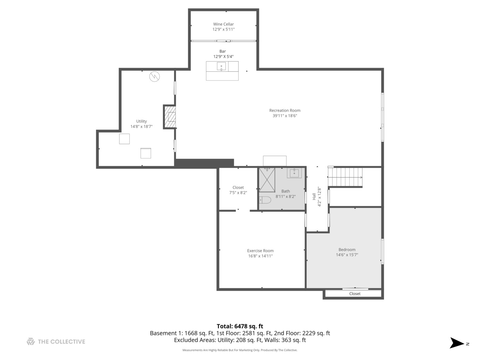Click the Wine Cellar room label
click(x=223, y=24)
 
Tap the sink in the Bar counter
click(x=221, y=66)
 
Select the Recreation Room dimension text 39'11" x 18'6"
click(x=285, y=116)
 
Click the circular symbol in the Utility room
click(x=154, y=77)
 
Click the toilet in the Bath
click(x=265, y=200)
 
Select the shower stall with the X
click(x=267, y=180)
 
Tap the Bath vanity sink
click(x=294, y=173)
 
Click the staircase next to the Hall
click(x=345, y=177)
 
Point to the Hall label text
click(x=314, y=196)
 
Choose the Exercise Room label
click(x=260, y=251)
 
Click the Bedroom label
click(x=347, y=249)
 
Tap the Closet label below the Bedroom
click(x=355, y=294)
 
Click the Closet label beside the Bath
click(x=238, y=187)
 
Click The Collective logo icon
click(x=31, y=341)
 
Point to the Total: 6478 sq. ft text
click(x=240, y=326)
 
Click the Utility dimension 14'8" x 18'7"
click(x=141, y=126)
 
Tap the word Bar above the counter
click(x=222, y=51)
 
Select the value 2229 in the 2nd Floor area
click(x=309, y=333)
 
